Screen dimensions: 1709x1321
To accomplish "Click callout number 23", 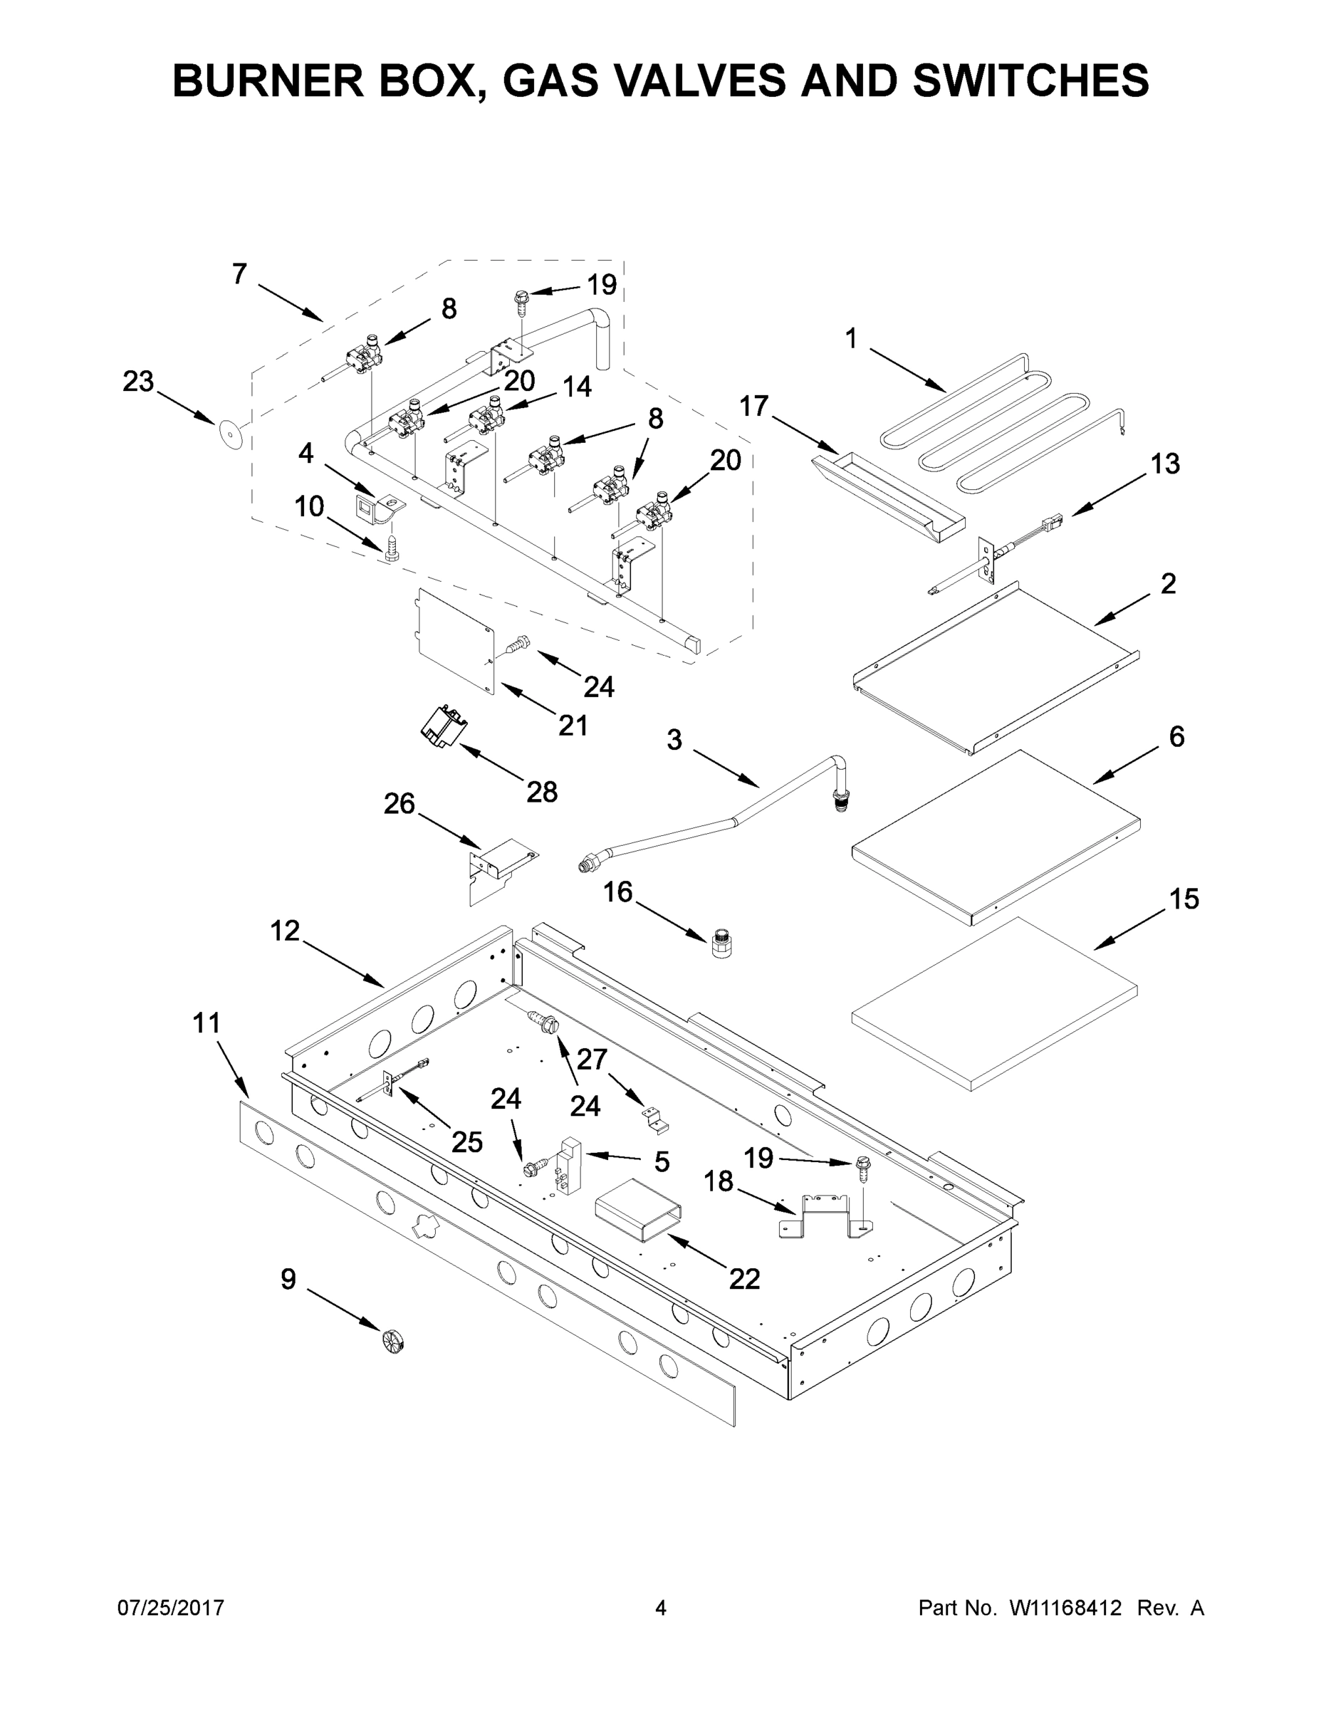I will pos(139,382).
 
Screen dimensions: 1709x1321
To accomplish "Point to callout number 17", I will pos(754,407).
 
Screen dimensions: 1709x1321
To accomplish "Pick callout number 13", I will pos(1164,464).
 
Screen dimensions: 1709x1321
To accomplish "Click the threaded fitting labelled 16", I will pos(721,943).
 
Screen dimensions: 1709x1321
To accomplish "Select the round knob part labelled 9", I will pos(394,1342).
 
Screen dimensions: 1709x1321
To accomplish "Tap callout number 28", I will pos(541,792).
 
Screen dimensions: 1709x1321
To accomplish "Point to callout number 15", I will pos(1184,899).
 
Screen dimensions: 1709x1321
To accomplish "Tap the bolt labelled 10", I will pos(392,545).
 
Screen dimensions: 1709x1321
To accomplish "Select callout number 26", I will pos(399,805).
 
